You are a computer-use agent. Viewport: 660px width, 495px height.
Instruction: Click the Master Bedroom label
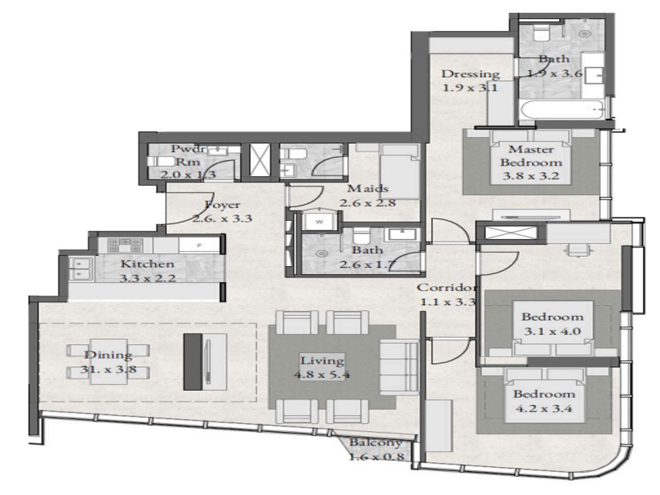(531, 156)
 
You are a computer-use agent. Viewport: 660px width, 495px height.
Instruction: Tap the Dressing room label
(470, 74)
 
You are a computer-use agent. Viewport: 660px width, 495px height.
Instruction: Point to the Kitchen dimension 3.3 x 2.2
(147, 278)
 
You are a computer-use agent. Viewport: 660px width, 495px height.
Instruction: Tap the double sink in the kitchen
(79, 268)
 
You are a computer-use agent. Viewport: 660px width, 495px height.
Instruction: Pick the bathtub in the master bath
(561, 111)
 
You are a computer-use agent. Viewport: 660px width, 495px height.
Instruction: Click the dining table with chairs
(108, 361)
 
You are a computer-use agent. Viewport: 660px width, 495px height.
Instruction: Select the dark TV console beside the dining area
(193, 361)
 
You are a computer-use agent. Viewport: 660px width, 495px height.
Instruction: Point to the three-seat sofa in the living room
(399, 367)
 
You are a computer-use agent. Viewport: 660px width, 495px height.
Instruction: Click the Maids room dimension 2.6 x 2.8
(368, 202)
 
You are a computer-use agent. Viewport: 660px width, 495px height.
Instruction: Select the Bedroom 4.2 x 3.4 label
(544, 394)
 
